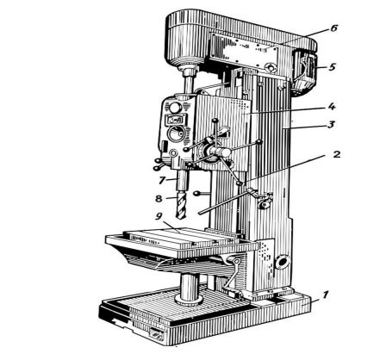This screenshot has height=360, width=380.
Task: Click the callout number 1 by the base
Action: click(324, 295)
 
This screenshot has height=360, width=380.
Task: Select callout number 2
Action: click(336, 154)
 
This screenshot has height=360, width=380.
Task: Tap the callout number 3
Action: click(331, 125)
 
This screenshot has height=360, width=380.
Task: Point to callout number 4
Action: click(332, 107)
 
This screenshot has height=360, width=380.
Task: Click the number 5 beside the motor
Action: click(332, 67)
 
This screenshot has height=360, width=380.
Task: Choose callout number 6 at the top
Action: click(333, 28)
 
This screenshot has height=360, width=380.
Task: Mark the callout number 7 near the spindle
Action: click(162, 180)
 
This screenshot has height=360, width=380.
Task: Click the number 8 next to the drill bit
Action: click(159, 198)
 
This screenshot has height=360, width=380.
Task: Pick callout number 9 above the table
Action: click(159, 216)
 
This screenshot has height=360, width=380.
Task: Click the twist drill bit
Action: click(182, 206)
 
